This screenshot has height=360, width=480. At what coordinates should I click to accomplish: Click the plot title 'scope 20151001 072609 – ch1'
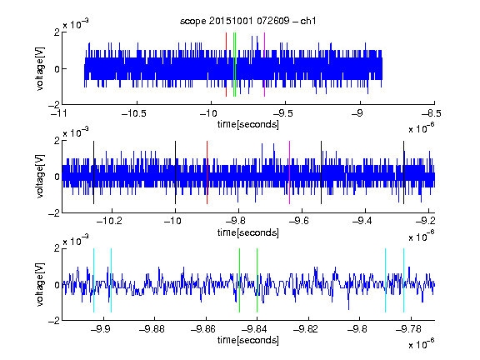[x=247, y=21]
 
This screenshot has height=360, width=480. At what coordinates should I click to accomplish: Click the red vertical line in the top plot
[x=226, y=65]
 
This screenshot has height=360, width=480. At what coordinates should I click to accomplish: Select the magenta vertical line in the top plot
[x=264, y=65]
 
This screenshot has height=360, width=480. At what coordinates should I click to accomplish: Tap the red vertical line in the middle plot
[x=207, y=172]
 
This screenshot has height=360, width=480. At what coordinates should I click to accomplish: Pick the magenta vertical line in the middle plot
[x=290, y=172]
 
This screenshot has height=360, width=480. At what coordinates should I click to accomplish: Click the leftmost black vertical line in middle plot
[x=93, y=172]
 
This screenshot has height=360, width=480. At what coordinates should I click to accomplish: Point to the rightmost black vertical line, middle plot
[x=403, y=172]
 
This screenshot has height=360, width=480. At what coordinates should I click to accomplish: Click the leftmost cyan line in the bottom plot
[x=93, y=280]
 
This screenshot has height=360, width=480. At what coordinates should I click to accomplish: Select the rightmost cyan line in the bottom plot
[x=403, y=280]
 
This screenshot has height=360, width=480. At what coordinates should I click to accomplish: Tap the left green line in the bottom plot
[x=239, y=280]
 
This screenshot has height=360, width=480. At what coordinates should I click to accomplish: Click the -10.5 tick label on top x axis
[x=134, y=113]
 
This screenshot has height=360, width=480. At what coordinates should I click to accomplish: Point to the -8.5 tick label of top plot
[x=432, y=113]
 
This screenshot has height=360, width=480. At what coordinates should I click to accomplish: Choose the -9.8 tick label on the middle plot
[x=237, y=220]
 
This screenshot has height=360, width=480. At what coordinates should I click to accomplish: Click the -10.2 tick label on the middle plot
[x=109, y=220]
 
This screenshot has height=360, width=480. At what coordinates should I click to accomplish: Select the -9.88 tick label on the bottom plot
[x=152, y=329]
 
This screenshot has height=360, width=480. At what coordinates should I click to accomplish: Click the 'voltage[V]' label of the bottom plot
[x=40, y=285]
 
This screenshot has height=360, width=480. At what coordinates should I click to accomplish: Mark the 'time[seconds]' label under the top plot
[x=248, y=124]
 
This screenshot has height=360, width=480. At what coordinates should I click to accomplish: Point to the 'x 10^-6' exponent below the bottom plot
[x=422, y=344]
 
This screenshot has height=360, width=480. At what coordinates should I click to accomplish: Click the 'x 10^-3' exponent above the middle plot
[x=76, y=132]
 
